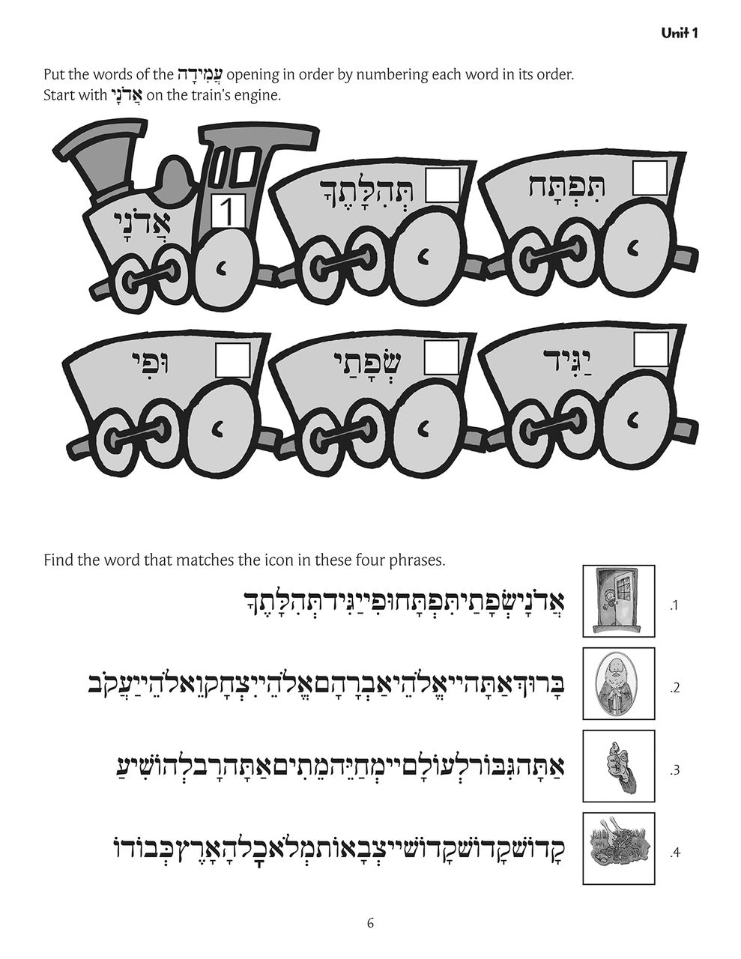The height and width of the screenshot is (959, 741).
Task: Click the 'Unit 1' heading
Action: pos(680,33)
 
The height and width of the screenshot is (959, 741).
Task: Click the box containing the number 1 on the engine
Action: pos(229,212)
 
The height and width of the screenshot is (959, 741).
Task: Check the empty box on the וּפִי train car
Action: pos(233,360)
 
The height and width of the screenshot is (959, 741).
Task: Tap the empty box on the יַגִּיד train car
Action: pos(651,349)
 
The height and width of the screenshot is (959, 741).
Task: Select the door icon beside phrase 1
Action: pos(619,601)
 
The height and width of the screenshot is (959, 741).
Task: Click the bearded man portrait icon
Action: pos(619,683)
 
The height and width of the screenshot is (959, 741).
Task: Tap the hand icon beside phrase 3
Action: pos(619,766)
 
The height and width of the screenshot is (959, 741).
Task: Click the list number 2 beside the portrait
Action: pos(675,689)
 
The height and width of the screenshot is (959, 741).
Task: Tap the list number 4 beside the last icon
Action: pos(675,853)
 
